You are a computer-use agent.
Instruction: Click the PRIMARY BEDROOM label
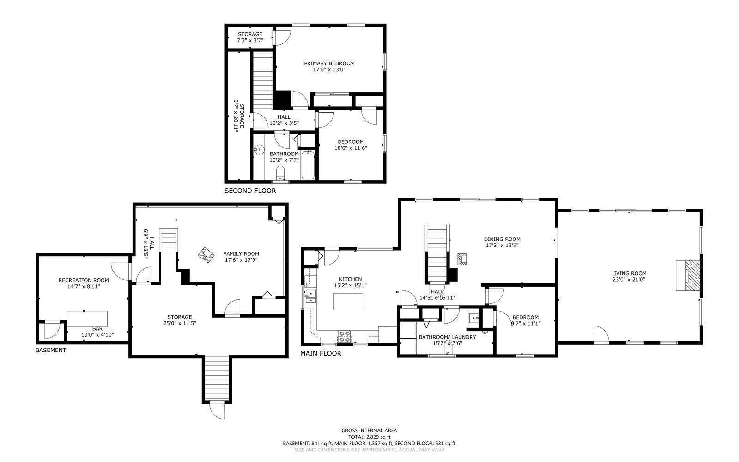[329, 63]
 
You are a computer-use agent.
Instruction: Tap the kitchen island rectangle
[348, 302]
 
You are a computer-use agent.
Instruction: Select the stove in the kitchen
[345, 337]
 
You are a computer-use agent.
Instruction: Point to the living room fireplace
[688, 276]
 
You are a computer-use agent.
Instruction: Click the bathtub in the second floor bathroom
[308, 165]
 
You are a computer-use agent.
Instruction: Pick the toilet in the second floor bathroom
[280, 173]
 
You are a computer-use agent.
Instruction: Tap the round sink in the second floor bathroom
[259, 149]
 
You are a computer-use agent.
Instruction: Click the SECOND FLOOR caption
[250, 191]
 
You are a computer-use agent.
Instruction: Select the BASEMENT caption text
[51, 350]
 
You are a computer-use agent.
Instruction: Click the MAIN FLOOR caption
[321, 353]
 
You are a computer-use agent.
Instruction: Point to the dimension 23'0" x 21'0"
[629, 280]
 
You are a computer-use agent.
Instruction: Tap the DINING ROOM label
[502, 239]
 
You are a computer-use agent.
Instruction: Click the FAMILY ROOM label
[241, 253]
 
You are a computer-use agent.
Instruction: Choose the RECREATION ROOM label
[84, 280]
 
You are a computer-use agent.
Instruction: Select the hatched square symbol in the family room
[206, 255]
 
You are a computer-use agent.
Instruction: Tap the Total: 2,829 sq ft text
[369, 437]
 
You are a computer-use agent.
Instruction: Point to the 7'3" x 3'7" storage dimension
[250, 41]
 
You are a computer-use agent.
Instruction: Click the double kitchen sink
[310, 296]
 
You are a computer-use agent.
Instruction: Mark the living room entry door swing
[601, 334]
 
